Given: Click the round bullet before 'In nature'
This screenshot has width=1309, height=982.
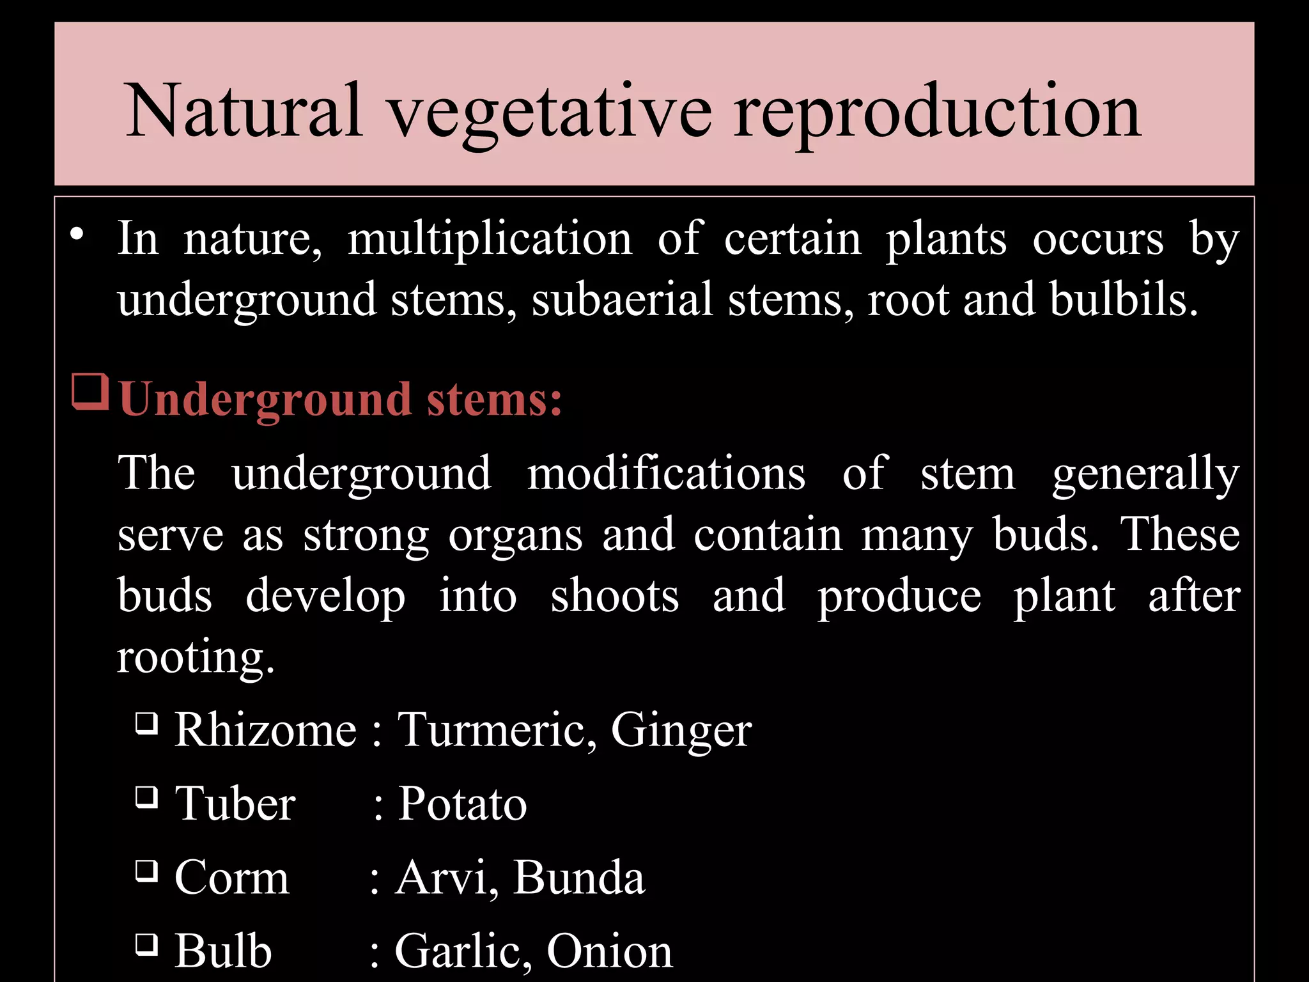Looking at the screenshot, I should [x=77, y=235].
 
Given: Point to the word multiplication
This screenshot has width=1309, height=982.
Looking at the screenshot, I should [x=490, y=238].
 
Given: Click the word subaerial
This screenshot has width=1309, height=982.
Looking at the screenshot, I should [x=621, y=299].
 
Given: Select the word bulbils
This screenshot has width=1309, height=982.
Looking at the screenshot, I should [x=1123, y=299].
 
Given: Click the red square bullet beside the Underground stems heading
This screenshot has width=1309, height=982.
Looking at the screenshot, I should [x=89, y=391].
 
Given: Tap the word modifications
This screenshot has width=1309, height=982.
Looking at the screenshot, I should [x=666, y=474].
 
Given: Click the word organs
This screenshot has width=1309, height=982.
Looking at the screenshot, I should [x=515, y=536].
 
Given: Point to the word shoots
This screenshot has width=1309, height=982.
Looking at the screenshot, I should [x=614, y=596].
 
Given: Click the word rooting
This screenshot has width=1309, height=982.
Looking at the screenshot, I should [x=195, y=657].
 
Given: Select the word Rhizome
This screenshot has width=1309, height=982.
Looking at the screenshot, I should [x=265, y=729].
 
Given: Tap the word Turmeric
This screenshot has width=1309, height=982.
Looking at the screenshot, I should [x=497, y=729].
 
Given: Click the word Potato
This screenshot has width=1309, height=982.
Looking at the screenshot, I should [x=462, y=804].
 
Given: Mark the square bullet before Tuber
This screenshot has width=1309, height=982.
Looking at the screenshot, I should [x=146, y=797].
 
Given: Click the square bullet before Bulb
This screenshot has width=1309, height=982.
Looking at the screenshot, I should [x=146, y=944].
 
